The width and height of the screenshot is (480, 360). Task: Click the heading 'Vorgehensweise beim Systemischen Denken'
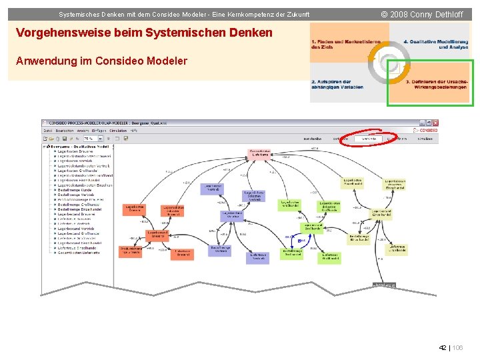click(x=144, y=33)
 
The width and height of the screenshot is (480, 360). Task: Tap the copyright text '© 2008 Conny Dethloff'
click(x=422, y=14)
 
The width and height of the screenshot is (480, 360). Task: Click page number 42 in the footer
click(x=443, y=348)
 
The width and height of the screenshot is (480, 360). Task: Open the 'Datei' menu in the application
click(x=48, y=131)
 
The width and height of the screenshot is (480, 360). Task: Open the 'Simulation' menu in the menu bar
click(x=117, y=131)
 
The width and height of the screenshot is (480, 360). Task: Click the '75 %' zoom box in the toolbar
click(x=89, y=139)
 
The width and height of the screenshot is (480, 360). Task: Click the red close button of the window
click(x=436, y=123)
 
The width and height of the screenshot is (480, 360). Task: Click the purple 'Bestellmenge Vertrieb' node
click(x=221, y=249)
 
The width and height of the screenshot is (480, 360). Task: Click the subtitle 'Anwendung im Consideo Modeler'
click(x=101, y=61)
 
